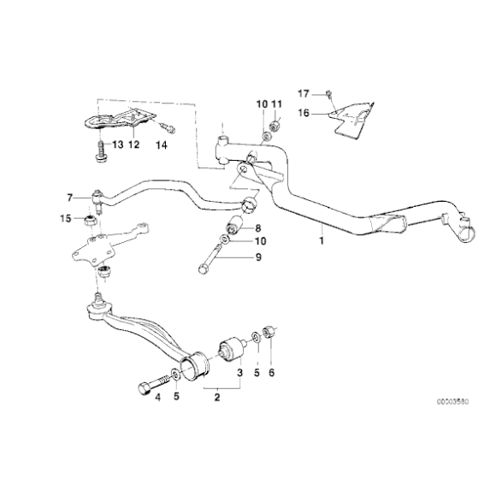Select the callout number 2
(218, 395)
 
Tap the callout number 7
(71, 197)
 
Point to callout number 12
(133, 145)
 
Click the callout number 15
(66, 220)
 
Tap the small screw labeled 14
(168, 128)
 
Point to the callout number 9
(257, 257)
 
